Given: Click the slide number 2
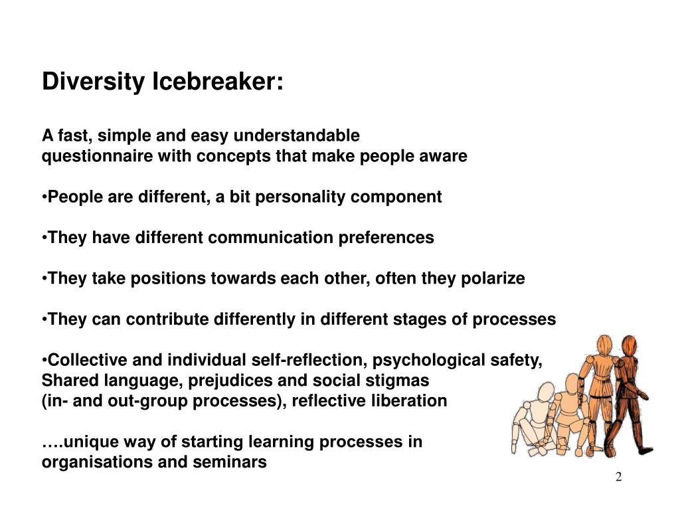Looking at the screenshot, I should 618,478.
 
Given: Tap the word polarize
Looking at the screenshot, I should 492,279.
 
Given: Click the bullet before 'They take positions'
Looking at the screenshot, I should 44,279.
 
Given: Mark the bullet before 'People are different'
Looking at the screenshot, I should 44,197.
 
